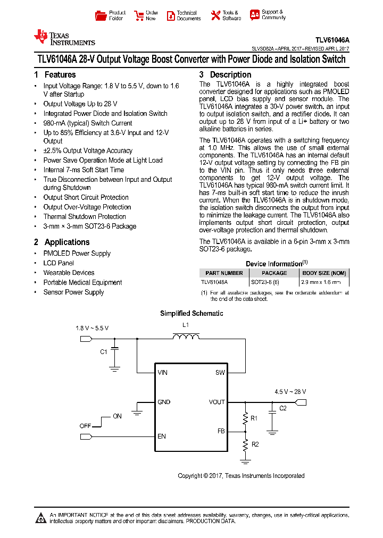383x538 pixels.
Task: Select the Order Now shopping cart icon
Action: point(139,15)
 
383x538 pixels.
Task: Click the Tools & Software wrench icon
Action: point(215,15)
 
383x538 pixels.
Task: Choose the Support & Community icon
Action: point(255,15)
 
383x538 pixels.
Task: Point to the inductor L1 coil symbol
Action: point(186,336)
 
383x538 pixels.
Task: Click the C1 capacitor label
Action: point(104,351)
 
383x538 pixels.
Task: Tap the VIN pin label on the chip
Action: point(162,373)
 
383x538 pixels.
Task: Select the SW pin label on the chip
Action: point(220,373)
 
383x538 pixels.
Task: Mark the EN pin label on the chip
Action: point(162,436)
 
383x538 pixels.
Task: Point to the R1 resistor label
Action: point(254,418)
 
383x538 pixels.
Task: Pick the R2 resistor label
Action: point(255,444)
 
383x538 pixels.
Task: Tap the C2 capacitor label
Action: point(283,408)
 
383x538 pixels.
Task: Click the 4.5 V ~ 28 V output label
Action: point(290,391)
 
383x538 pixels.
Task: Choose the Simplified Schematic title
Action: point(191,314)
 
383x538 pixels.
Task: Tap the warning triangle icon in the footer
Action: point(41,518)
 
